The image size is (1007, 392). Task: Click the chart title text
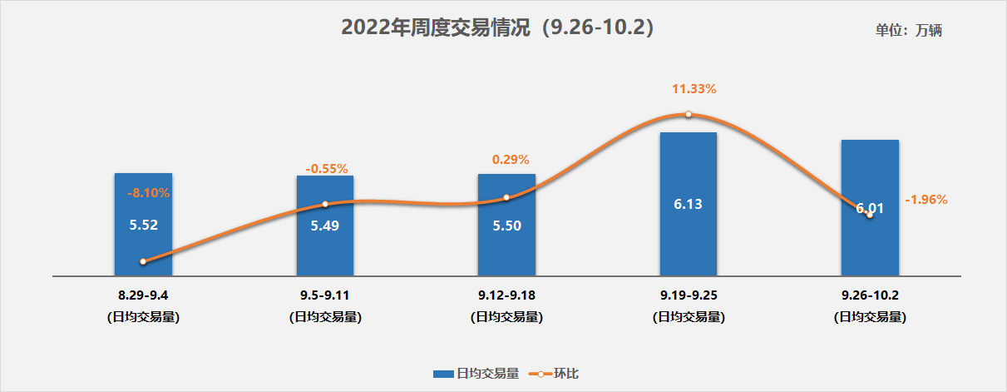[x=502, y=27]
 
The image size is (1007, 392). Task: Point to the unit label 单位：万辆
[x=908, y=31]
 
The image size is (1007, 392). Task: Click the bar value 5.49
[x=325, y=225]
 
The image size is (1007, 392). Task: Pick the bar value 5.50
[x=506, y=225]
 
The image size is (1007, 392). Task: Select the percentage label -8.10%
[x=148, y=193]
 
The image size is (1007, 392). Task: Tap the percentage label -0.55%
[x=326, y=169]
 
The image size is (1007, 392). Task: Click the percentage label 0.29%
[x=511, y=160]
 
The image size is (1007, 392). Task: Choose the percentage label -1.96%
[x=925, y=200]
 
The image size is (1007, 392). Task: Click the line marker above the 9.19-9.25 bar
[x=689, y=114]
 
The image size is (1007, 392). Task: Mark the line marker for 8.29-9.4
[x=143, y=261]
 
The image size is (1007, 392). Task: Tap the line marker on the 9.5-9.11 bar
[x=325, y=204]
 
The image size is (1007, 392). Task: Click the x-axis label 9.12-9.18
[x=506, y=295]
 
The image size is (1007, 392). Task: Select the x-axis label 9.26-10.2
[x=870, y=295]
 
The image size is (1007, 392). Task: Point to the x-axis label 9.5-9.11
[x=325, y=295]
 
